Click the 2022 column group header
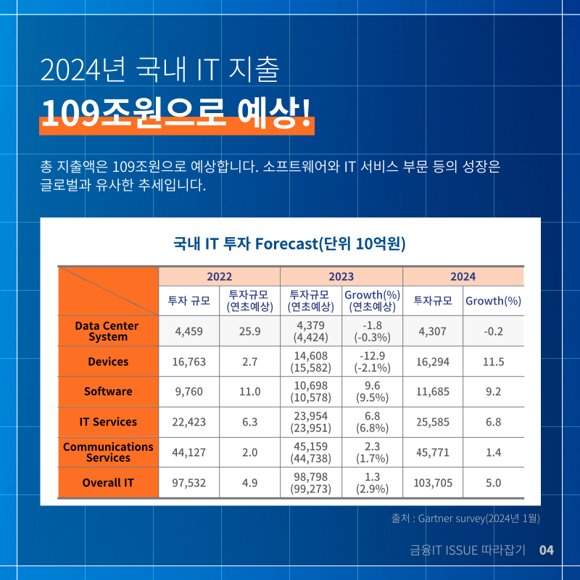pos(220,276)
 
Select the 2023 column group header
pos(341,276)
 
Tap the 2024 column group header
pos(463,276)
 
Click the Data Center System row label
pos(107,331)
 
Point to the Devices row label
pos(108,361)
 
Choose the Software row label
pos(108,391)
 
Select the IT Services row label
pos(108,422)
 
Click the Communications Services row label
pos(108,452)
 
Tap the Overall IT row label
pos(108,483)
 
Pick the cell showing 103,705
pos(433,483)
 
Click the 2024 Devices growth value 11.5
pos(494,361)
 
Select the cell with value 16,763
pos(189,361)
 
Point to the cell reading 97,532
pos(189,483)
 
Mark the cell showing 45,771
pos(433,452)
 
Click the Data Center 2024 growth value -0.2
pos(494,331)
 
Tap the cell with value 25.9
pos(249,331)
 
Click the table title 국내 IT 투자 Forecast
pos(289,244)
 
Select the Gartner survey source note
pos(465,518)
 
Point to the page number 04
pos(547,550)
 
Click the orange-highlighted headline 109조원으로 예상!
pos(176,114)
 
